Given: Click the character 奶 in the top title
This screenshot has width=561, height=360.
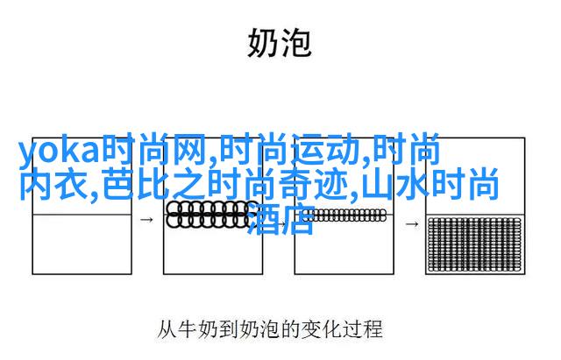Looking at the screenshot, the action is (262, 43).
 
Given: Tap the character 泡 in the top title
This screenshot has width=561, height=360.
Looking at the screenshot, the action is (296, 43).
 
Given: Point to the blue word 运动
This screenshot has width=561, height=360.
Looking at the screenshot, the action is (329, 150).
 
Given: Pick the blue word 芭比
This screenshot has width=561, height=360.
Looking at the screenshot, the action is (137, 185).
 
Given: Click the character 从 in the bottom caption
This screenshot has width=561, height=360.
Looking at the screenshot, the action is (167, 329).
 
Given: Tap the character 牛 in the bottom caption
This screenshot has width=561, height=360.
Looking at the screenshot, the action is (188, 329).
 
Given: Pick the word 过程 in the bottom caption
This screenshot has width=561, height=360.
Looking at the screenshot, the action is (363, 329).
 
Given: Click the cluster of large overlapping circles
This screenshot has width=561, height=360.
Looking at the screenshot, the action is (209, 215).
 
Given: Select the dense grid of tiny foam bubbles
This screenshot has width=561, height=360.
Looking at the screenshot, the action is (475, 245).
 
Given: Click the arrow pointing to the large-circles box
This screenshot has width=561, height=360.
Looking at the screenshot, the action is (146, 220).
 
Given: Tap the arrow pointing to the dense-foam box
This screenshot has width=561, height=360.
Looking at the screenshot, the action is (412, 224).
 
